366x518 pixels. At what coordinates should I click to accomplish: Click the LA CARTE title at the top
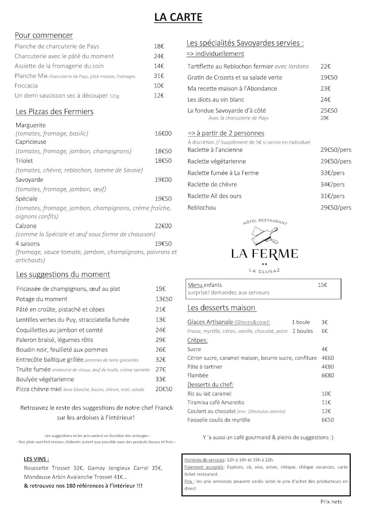178,18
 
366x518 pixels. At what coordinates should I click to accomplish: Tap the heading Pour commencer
44,35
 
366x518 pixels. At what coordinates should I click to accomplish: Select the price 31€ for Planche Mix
159,76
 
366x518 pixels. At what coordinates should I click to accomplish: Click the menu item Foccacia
26,85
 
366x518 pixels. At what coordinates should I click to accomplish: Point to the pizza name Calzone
26,226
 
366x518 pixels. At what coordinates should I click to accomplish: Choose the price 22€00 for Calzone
163,226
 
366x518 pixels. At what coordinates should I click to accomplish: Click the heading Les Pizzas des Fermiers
55,111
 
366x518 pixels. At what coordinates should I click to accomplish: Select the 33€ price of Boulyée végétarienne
161,379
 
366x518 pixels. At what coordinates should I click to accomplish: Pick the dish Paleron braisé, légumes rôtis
61,339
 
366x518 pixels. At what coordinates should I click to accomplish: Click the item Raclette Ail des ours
216,196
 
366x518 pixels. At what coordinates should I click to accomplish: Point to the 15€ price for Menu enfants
323,285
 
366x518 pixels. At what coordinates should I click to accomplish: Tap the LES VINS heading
36,459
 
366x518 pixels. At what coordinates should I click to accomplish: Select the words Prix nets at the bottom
331,502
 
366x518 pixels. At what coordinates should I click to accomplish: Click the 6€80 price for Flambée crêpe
329,376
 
